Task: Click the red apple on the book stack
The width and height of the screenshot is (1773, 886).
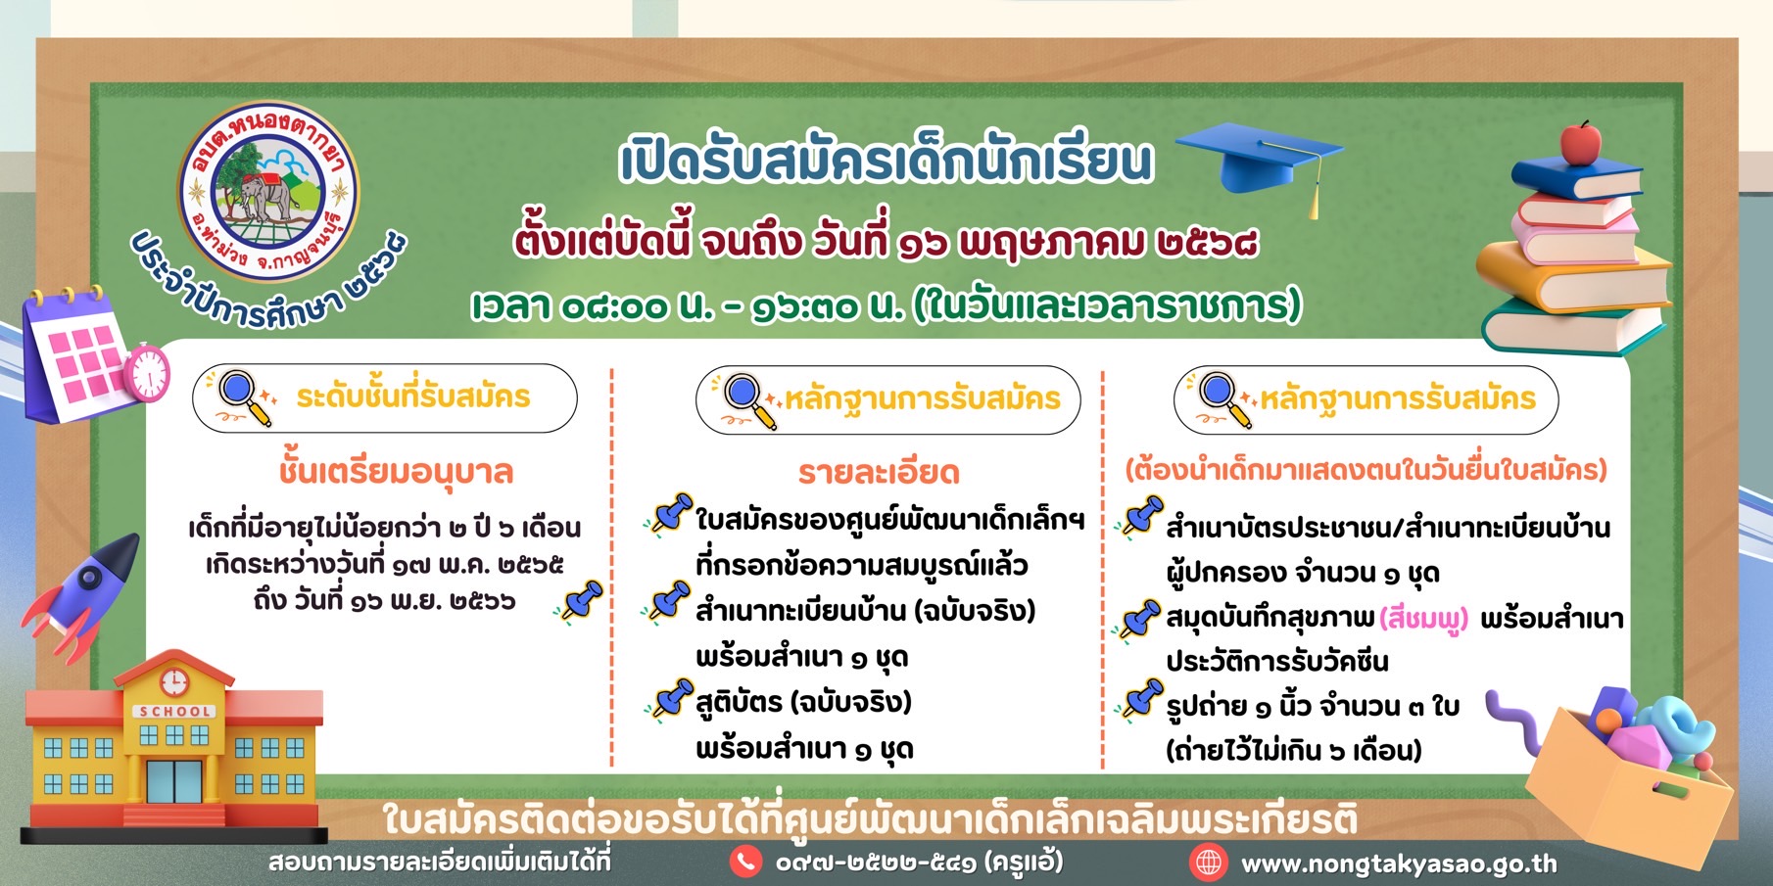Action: pyautogui.click(x=1580, y=144)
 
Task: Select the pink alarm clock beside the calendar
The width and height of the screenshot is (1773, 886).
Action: pyautogui.click(x=148, y=372)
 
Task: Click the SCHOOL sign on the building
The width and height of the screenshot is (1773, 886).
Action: pyautogui.click(x=174, y=712)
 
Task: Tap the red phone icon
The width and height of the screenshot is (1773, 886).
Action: pyautogui.click(x=745, y=862)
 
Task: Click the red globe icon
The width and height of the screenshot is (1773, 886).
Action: pyautogui.click(x=1209, y=863)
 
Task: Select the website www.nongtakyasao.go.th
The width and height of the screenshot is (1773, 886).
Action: pyautogui.click(x=1399, y=864)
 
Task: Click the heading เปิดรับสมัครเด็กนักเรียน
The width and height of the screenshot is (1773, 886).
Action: pyautogui.click(x=887, y=162)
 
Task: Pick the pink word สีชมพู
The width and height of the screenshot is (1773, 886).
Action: pyautogui.click(x=1424, y=619)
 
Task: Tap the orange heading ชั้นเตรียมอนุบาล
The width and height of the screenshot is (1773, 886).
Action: pyautogui.click(x=396, y=472)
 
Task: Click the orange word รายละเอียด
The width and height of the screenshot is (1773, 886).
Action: pyautogui.click(x=879, y=473)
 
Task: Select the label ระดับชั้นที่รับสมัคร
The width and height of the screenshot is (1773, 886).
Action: pyautogui.click(x=413, y=396)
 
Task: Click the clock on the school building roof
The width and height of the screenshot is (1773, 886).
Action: pyautogui.click(x=173, y=680)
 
